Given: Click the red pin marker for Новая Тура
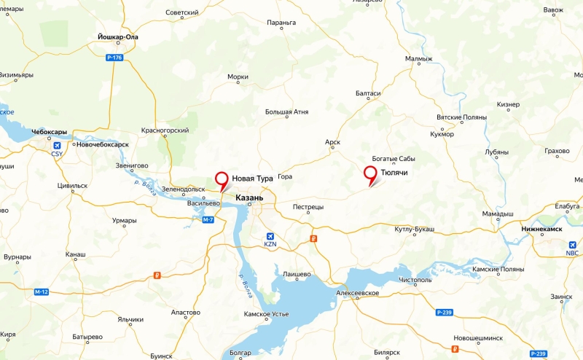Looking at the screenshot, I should coord(222,179).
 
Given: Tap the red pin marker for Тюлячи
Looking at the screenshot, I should coord(371,173).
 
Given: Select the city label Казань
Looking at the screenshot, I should coord(249,197).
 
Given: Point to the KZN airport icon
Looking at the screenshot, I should coord(271,237).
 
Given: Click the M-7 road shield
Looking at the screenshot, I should coord(208,219).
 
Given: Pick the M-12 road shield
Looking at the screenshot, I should coord(41,292).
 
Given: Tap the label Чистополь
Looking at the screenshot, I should coord(416,280).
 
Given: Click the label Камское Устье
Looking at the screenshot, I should coord(267,313).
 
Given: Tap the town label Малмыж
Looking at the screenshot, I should coord(419,58).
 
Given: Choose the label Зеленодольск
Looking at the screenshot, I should coord(184,189).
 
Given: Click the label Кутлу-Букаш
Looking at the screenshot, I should coord(414,229).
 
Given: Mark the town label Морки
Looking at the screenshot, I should coord(238,76).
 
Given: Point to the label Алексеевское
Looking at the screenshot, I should coord(359,292).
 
